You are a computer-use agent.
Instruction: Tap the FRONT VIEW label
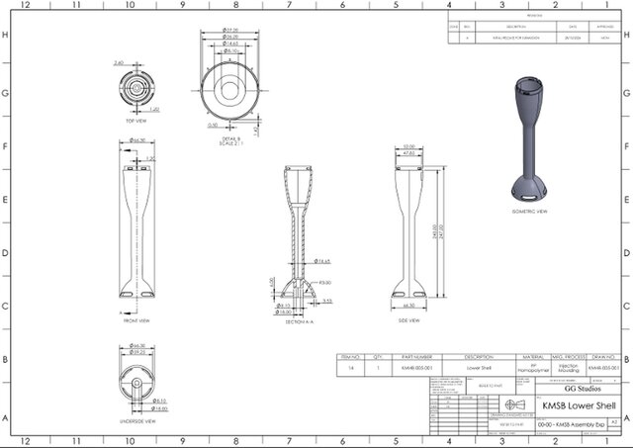tap(136, 320)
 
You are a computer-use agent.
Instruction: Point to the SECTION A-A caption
tap(298, 320)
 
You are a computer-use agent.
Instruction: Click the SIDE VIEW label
tap(407, 320)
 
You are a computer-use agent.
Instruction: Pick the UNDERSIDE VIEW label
tap(136, 420)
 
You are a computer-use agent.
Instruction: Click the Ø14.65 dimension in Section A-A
tap(322, 261)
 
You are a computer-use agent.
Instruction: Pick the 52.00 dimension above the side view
tap(407, 147)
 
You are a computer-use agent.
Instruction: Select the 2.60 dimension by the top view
tap(119, 62)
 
